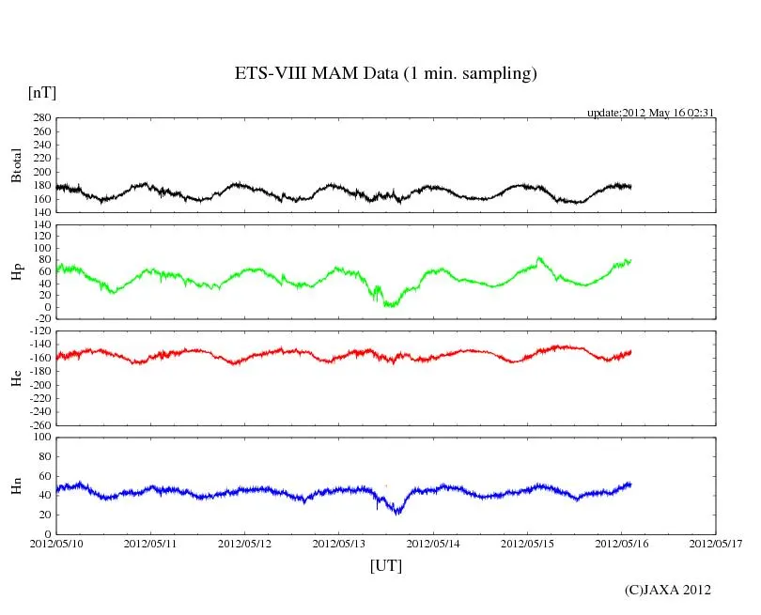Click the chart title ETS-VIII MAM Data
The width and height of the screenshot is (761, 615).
click(385, 74)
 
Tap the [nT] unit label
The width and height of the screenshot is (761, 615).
click(41, 93)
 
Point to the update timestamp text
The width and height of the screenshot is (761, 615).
click(651, 113)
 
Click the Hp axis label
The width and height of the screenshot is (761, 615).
click(16, 272)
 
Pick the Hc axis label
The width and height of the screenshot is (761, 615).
click(16, 377)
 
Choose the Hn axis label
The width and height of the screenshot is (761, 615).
click(16, 484)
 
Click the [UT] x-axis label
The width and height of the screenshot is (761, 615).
click(385, 565)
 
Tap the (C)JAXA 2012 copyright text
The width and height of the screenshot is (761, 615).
click(667, 590)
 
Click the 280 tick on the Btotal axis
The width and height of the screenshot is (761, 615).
click(40, 118)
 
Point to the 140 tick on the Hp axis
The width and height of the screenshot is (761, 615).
click(40, 224)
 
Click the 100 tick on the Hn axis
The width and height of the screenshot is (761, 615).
click(40, 438)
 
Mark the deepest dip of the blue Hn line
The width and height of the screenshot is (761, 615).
click(398, 513)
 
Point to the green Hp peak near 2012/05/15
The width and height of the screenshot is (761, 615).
click(539, 257)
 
